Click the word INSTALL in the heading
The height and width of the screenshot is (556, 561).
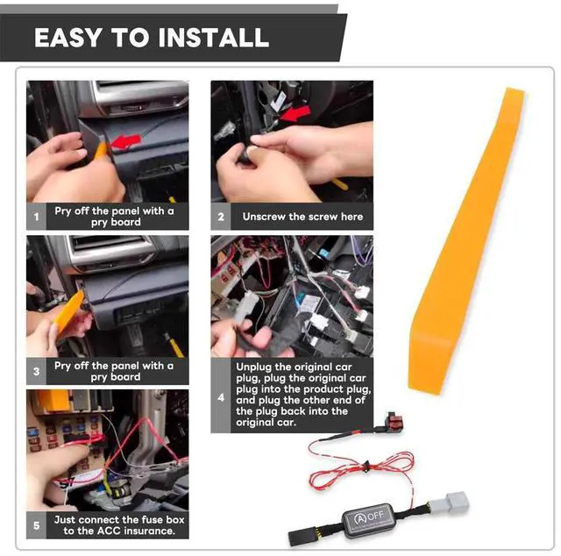[x=214, y=38]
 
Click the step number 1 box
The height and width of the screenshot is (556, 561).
[x=36, y=217]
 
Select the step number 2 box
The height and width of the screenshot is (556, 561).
[x=221, y=217]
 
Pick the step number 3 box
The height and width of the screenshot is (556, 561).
[x=36, y=371]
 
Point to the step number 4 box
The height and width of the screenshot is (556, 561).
[x=221, y=396]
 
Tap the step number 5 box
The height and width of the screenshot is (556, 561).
[x=36, y=525]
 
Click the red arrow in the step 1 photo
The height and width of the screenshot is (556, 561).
[x=125, y=142]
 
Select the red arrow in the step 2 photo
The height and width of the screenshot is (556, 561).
[x=295, y=113]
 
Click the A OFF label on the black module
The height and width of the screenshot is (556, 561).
[x=368, y=517]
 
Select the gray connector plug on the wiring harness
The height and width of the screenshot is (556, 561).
[x=449, y=504]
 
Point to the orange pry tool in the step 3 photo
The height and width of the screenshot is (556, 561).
[x=69, y=307]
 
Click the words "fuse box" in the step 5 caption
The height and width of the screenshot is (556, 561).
[x=163, y=519]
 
